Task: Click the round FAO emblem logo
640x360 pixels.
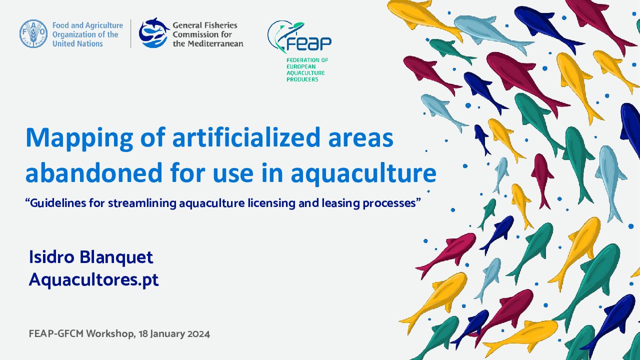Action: pos(33,33)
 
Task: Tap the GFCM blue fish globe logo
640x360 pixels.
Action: pos(153,32)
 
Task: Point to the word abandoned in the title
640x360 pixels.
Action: pos(94,172)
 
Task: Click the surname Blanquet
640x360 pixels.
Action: pos(116,257)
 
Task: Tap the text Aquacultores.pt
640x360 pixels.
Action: pos(93,279)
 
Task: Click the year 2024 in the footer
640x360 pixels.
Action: pos(198,333)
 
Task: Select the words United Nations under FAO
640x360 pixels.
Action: pos(77,43)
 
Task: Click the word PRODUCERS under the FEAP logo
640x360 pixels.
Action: pos(302,79)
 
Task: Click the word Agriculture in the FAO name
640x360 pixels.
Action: pos(103,25)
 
